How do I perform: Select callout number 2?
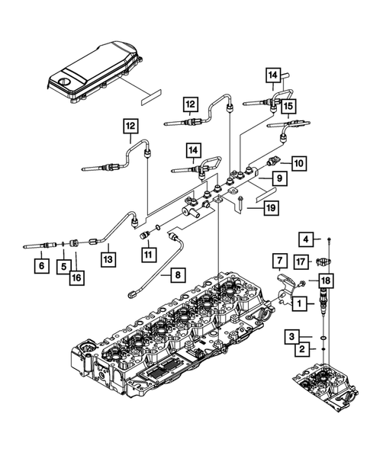[304, 349]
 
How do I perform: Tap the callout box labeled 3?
[304, 335]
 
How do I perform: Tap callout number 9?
[279, 178]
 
